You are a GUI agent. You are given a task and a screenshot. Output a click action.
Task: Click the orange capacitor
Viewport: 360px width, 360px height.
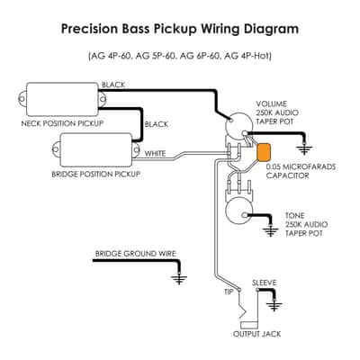tap(264, 152)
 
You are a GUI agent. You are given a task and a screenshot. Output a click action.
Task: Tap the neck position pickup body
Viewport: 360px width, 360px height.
tap(62, 99)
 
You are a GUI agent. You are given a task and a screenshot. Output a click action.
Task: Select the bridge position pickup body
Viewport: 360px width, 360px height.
tap(96, 149)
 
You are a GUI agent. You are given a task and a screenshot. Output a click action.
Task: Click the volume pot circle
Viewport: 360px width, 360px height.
tap(239, 125)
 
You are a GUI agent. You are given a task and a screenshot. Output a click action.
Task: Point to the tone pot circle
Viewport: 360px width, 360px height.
tap(239, 211)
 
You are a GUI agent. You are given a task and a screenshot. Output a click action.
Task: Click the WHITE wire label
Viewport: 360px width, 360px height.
tap(155, 153)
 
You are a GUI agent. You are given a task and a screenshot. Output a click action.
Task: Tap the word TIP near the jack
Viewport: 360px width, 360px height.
tap(229, 292)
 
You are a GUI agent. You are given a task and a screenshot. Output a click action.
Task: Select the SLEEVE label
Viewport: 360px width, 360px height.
tap(265, 283)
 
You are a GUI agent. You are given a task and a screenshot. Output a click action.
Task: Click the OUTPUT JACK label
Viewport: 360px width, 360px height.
tap(257, 334)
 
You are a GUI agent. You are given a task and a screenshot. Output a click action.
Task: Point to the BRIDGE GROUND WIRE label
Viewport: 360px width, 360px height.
tap(136, 254)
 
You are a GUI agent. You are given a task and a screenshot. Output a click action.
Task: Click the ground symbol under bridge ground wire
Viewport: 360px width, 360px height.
tap(179, 279)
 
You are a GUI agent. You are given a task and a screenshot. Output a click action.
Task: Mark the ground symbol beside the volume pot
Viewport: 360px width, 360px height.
tap(304, 149)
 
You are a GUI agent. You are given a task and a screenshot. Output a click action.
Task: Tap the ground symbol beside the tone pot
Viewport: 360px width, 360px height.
tap(271, 231)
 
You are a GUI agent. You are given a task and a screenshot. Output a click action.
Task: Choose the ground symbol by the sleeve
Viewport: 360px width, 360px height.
tap(274, 306)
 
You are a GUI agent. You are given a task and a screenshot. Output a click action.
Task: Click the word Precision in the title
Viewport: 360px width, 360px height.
tap(90, 29)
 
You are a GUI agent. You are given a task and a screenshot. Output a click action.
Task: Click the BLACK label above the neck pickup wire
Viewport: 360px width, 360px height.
tap(113, 85)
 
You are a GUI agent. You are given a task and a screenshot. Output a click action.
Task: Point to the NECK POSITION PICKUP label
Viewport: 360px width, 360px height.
tap(62, 123)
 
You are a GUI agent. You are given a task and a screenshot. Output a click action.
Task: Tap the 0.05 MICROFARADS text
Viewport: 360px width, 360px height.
tap(301, 166)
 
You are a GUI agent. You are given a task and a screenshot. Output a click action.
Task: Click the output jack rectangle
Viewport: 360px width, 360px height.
tap(249, 325)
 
